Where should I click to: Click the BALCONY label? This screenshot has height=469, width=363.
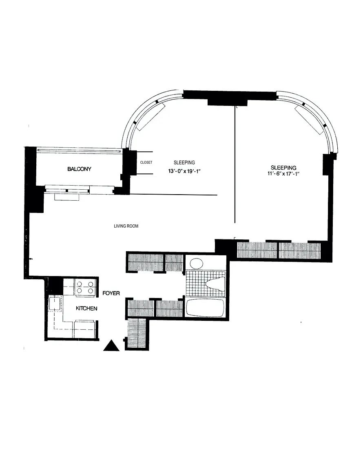coord(79,169)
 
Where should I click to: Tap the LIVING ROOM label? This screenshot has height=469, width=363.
coord(126,226)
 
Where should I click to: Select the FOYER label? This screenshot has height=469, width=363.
coord(111,293)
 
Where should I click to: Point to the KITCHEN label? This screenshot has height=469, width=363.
coord(86,308)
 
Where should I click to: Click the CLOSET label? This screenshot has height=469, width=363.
coord(146,162)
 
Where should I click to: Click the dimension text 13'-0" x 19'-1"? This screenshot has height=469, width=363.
coord(184,171)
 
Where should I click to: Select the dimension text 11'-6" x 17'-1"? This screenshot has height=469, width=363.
coord(283,174)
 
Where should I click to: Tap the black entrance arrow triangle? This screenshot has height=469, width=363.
coord(111,346)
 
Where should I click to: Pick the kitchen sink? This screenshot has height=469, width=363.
coord(55,304)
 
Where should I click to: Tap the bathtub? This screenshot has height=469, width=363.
coord(205,308)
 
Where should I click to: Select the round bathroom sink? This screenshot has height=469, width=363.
coord(197,263)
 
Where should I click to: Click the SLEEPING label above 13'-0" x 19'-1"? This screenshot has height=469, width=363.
coord(184,162)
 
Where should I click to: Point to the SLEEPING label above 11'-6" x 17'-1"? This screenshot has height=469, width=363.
coord(283,168)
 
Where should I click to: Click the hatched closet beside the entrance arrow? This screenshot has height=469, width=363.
coord(137,334)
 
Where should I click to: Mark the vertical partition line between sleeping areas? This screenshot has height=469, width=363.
coord(235,164)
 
